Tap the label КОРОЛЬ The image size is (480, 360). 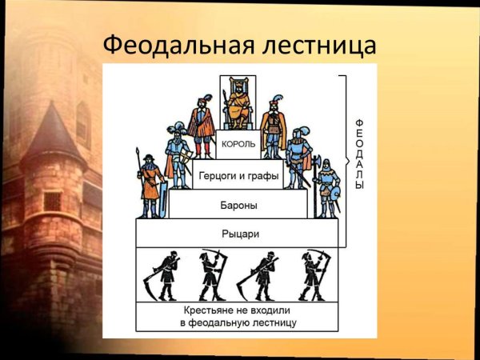(x=238, y=144)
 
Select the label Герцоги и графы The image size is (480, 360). (x=238, y=176)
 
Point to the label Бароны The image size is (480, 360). (x=238, y=205)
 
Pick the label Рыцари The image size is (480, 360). (x=238, y=234)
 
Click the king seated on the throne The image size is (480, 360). (x=238, y=104)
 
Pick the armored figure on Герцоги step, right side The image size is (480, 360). (x=298, y=156)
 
